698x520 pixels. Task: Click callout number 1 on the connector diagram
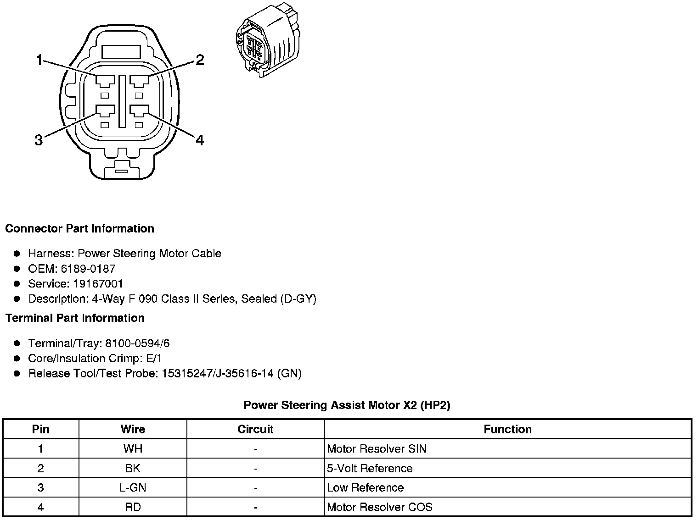coord(39,61)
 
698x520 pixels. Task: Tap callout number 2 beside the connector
coord(199,60)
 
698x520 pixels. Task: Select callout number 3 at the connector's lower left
coord(39,140)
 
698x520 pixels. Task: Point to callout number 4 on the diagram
coord(199,140)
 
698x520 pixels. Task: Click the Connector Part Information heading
coord(79,228)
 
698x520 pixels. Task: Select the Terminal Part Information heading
coord(75,318)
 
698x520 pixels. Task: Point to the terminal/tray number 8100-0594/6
coord(137,343)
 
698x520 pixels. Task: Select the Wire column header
coord(133,429)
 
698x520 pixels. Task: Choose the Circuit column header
coord(255,429)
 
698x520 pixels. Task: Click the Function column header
coord(507,429)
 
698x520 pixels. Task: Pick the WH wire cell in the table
coord(133,448)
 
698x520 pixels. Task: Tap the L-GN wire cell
coord(133,487)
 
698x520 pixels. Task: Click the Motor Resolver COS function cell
coord(379,507)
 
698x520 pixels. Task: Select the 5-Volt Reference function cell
coord(370,468)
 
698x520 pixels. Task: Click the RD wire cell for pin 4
coord(133,507)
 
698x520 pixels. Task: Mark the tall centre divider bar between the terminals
coord(122,101)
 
